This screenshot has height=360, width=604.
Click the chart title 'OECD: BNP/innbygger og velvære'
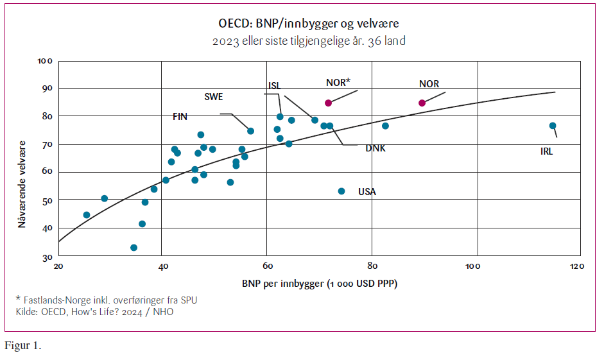coord(309,24)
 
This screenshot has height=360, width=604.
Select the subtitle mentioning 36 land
coord(309,41)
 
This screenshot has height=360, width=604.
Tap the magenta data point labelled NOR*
coord(328,103)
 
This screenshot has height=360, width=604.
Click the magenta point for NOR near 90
coord(422,103)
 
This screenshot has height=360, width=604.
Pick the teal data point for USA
coord(341,191)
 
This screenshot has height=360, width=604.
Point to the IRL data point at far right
coord(553,126)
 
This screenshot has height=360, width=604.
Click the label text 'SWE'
coord(214,97)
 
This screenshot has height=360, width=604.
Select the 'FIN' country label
coord(180,117)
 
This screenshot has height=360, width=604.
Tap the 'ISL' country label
coord(275,86)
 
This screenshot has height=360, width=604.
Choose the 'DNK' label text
coord(375,148)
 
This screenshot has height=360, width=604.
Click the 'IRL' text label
coord(546,152)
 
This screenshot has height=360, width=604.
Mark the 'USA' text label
coord(367,192)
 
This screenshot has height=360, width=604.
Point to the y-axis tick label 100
coord(44,62)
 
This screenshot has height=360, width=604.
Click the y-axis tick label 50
coord(46,200)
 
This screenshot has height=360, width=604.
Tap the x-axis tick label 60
coord(267,266)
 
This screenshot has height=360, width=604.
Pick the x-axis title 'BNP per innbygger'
coord(320,283)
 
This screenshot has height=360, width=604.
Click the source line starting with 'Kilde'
coord(94,312)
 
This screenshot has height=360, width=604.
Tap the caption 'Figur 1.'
coord(23,346)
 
